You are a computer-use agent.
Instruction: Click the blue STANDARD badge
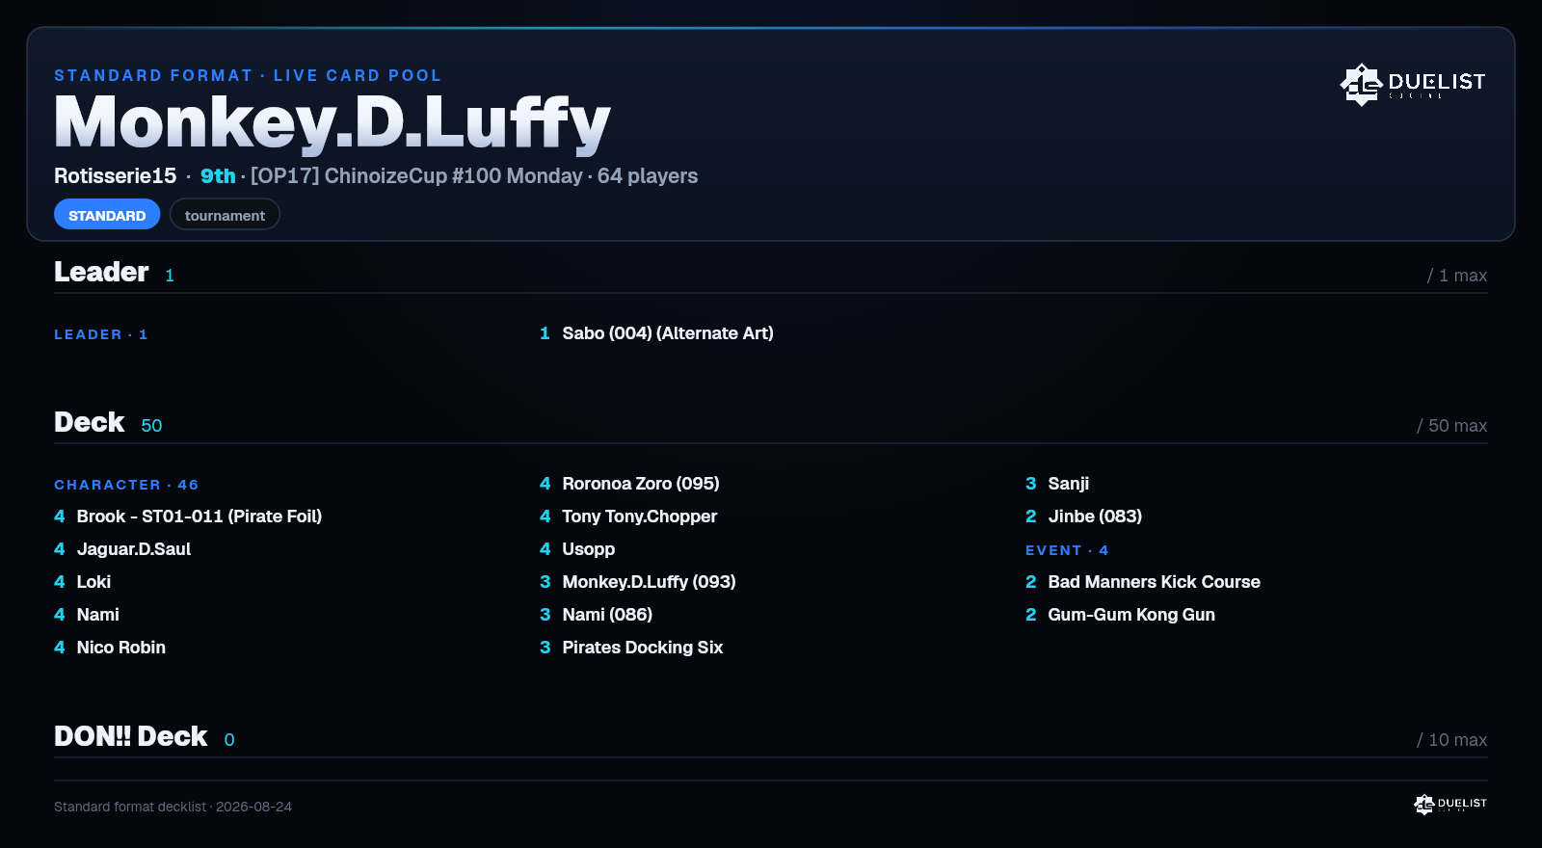pos(107,215)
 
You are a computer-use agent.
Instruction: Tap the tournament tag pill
pos(225,215)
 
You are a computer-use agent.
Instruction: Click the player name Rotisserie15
pos(115,176)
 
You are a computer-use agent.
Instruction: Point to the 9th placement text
pos(218,176)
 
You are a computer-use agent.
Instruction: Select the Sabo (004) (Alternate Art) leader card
pos(668,333)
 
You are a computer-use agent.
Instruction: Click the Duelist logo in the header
pos(1413,84)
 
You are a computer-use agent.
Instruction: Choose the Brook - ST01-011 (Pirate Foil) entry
pos(199,517)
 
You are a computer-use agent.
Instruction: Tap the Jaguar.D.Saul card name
pos(134,549)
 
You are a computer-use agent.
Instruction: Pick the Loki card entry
pos(93,582)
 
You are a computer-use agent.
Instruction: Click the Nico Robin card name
pos(121,648)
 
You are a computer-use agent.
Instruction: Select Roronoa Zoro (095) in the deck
pos(641,484)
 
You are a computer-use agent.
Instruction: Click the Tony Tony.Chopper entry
pos(640,517)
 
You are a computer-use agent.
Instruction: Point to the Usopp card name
pos(589,549)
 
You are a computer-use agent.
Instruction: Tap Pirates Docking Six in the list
pos(642,648)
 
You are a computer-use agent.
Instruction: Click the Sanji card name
pos(1069,484)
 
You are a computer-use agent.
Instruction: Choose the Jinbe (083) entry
pos(1095,517)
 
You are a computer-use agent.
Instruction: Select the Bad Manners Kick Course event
pos(1154,582)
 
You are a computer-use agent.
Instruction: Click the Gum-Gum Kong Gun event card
pos(1131,615)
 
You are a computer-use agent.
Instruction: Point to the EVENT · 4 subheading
pos(1067,550)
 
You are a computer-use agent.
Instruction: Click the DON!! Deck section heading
pos(131,736)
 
